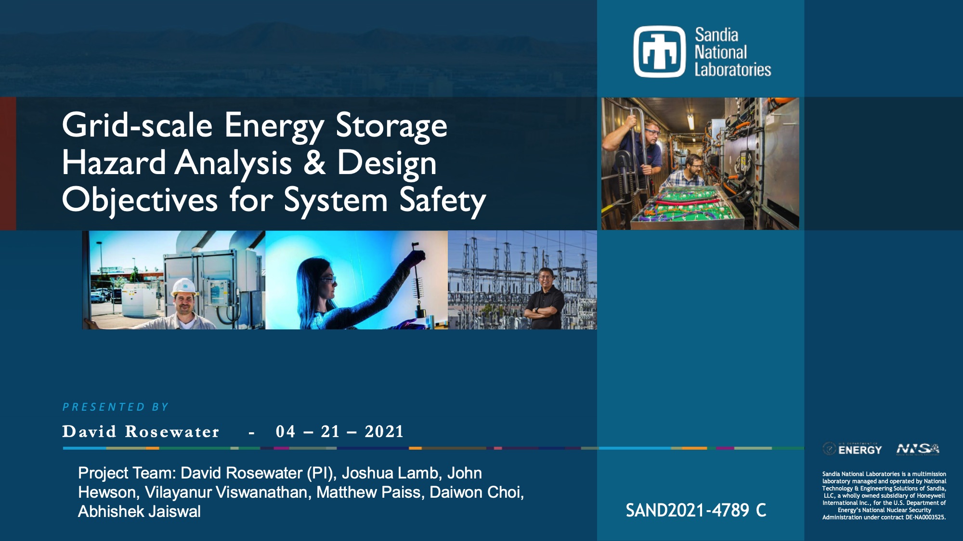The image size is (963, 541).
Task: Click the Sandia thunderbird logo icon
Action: (659, 51)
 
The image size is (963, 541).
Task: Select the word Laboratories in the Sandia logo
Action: (732, 70)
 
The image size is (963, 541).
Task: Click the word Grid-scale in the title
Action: (137, 126)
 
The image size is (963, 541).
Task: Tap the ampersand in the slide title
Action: (314, 163)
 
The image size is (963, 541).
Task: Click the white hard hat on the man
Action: (184, 287)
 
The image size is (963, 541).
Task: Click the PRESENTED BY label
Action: (116, 407)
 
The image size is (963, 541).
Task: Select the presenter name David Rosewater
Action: (141, 432)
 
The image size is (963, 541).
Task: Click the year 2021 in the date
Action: (384, 432)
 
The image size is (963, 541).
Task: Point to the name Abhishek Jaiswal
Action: (139, 512)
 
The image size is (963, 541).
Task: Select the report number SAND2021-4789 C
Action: (695, 510)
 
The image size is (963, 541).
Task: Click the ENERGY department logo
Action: (852, 449)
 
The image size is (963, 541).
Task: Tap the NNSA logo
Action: (917, 449)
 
